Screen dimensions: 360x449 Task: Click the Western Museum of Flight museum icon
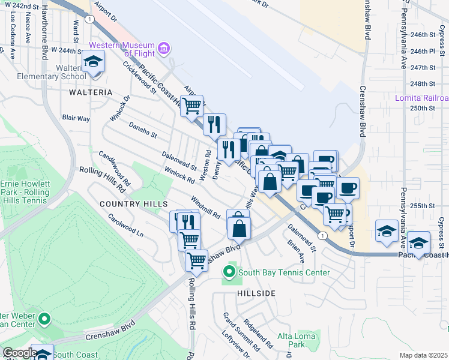(163, 47)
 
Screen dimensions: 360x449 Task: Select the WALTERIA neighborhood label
(91, 92)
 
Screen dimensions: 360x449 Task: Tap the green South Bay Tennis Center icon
(229, 273)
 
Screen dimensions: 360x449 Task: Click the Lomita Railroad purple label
(421, 98)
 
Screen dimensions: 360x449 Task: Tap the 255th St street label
(422, 206)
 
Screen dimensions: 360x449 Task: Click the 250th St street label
(423, 108)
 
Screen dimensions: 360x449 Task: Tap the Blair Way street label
(76, 119)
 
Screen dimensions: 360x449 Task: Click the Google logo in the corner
(20, 353)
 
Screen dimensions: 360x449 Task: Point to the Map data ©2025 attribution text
(423, 355)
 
